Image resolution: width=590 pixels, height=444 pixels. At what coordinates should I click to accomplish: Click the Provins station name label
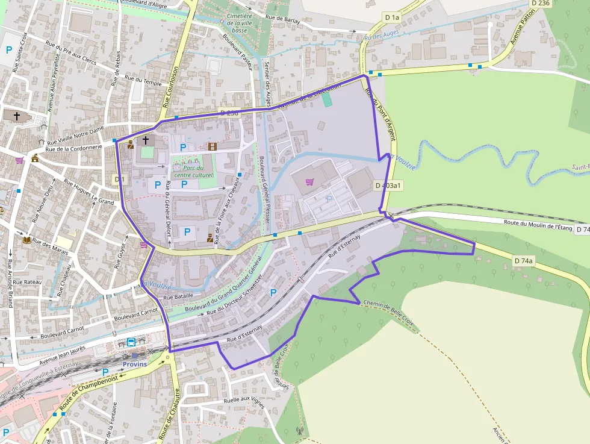click(135, 364)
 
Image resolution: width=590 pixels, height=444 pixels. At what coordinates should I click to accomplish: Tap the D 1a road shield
click(392, 17)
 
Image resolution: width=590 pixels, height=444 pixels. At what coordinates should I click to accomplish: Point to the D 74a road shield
click(524, 261)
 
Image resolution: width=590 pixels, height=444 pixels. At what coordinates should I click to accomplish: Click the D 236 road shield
click(541, 3)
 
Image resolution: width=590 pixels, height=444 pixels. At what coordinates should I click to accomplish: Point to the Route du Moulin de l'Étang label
click(538, 226)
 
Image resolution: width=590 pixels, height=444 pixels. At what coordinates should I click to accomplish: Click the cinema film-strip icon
click(212, 146)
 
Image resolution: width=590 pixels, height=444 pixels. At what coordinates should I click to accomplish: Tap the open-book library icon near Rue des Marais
click(26, 240)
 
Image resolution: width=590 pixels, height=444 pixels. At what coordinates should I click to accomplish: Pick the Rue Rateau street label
click(29, 282)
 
